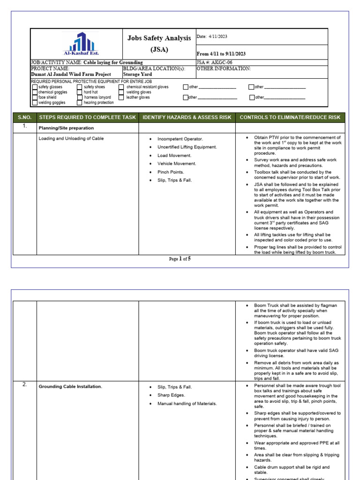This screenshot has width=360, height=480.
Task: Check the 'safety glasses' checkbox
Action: [35, 87]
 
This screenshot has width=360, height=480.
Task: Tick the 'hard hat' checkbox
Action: [80, 92]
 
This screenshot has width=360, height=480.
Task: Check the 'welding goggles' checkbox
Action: [35, 103]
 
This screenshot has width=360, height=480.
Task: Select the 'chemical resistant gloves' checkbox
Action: [121, 87]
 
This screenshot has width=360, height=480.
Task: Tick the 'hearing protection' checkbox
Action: [80, 103]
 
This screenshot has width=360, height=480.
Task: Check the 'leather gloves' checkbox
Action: [121, 97]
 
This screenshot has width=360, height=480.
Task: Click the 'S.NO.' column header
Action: [24, 117]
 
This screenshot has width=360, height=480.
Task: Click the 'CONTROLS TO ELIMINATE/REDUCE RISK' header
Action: [290, 117]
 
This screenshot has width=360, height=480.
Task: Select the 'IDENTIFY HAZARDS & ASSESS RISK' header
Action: [187, 117]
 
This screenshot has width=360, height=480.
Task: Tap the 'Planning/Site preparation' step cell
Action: [66, 128]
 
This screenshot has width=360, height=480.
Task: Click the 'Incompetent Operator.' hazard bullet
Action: [180, 139]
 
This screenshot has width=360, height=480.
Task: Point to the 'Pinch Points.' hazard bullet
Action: [171, 172]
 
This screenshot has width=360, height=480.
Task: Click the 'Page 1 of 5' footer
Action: [180, 259]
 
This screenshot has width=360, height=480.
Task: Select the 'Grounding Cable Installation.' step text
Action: [70, 387]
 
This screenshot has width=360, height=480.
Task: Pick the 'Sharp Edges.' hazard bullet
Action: [172, 395]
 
